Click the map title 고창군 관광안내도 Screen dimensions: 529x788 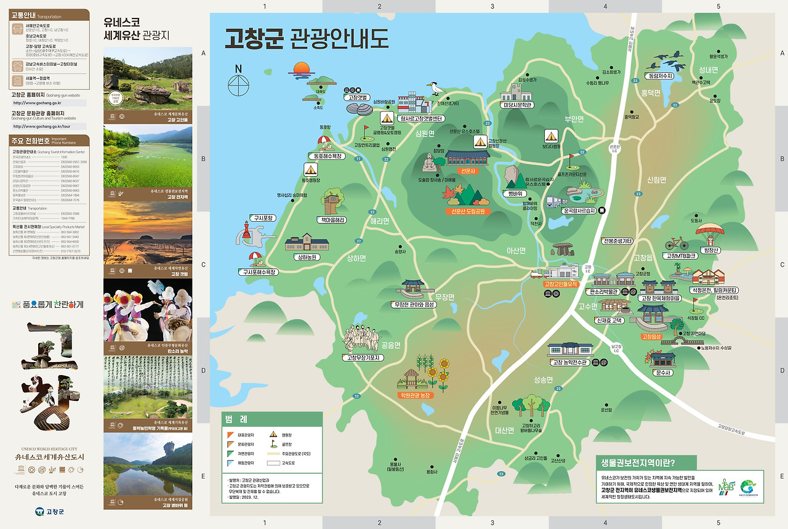pyautogui.click(x=307, y=38)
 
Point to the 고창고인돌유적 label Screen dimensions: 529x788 pyautogui.click(x=560, y=284)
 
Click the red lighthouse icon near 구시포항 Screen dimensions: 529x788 pyautogui.click(x=249, y=232)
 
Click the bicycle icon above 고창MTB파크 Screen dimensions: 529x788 pyautogui.click(x=677, y=243)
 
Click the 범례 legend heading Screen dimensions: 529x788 pyautogui.click(x=236, y=419)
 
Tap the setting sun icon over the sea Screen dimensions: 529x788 pyautogui.click(x=300, y=68)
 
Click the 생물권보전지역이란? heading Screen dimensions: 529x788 pyautogui.click(x=646, y=463)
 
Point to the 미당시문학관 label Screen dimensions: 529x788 pyautogui.click(x=516, y=105)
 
